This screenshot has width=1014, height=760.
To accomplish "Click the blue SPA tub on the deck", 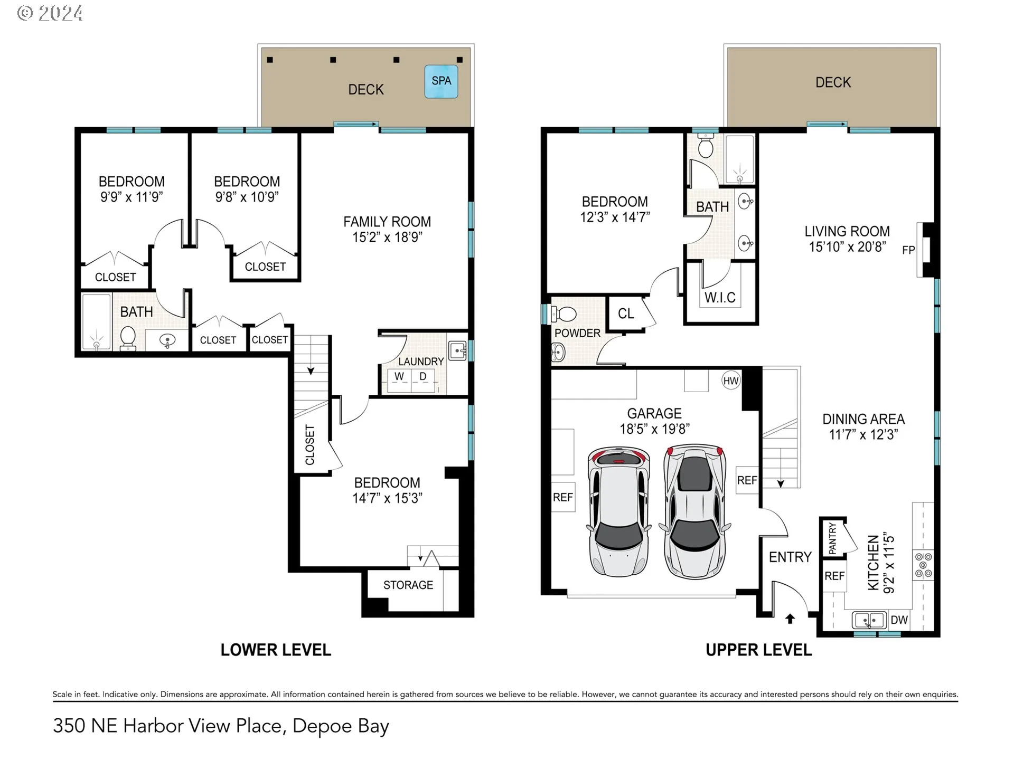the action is (441, 81).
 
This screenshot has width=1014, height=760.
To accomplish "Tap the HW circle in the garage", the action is (731, 381).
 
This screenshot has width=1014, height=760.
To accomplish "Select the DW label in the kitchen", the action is (899, 620).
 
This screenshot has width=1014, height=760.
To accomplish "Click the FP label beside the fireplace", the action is (908, 250).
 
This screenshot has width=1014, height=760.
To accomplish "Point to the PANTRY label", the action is (833, 538).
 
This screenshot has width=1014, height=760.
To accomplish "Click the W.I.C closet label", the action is (720, 298).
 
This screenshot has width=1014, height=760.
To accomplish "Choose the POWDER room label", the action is (577, 333).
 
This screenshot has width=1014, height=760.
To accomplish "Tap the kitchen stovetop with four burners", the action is (924, 565).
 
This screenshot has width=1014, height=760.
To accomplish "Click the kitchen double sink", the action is (869, 620).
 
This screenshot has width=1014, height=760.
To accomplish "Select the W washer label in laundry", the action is (399, 376).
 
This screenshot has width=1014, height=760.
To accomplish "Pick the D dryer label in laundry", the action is (423, 376).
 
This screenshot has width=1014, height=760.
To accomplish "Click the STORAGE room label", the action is (408, 585).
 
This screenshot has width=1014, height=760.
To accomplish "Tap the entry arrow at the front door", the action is (790, 619).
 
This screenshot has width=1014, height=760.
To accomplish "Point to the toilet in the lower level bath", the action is (128, 338).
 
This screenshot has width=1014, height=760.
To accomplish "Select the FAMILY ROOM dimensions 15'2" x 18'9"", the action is (387, 237).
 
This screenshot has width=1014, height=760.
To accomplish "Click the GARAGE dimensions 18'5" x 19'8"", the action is (654, 429).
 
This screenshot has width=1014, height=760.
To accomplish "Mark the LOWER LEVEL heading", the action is (276, 650).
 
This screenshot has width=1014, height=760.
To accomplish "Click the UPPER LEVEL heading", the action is (759, 650).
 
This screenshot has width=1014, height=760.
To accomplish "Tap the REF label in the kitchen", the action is (834, 576).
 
